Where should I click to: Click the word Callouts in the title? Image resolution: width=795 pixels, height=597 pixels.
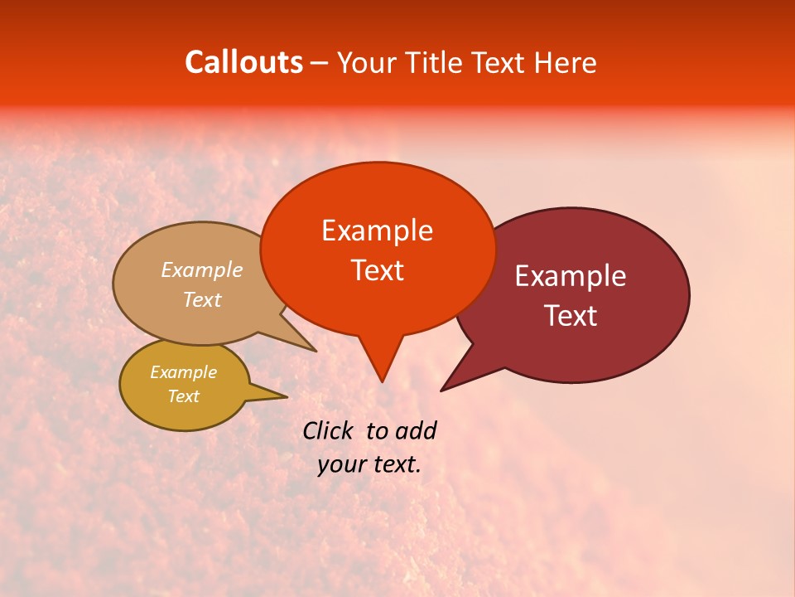coord(243,62)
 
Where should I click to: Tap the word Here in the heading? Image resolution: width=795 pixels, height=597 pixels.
coord(565,62)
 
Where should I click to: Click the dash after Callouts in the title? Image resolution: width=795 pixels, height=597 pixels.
coord(320,62)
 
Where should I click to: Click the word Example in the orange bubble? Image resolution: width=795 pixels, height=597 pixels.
coord(377,231)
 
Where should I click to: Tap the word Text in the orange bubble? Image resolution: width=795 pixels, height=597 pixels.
coord(377,270)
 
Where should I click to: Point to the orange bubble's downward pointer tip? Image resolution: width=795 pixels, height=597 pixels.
coord(382,381)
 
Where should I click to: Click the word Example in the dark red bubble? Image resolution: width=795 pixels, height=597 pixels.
coord(570,276)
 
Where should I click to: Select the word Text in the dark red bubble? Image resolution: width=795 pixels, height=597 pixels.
coord(571,316)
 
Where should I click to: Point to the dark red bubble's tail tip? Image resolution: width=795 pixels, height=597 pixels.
coord(441,391)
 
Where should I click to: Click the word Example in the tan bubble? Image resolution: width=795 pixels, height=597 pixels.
coord(202,270)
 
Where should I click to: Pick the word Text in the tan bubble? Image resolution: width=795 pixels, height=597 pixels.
coord(202,299)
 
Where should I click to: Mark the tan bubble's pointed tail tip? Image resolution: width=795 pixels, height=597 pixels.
coord(316,352)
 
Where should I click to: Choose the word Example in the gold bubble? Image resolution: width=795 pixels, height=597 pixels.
coord(183,372)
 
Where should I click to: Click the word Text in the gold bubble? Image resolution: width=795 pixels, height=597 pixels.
coord(183,396)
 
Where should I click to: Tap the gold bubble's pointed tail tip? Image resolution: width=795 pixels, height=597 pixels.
coord(287,396)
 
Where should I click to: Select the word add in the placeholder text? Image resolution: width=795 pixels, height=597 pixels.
coord(415,430)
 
